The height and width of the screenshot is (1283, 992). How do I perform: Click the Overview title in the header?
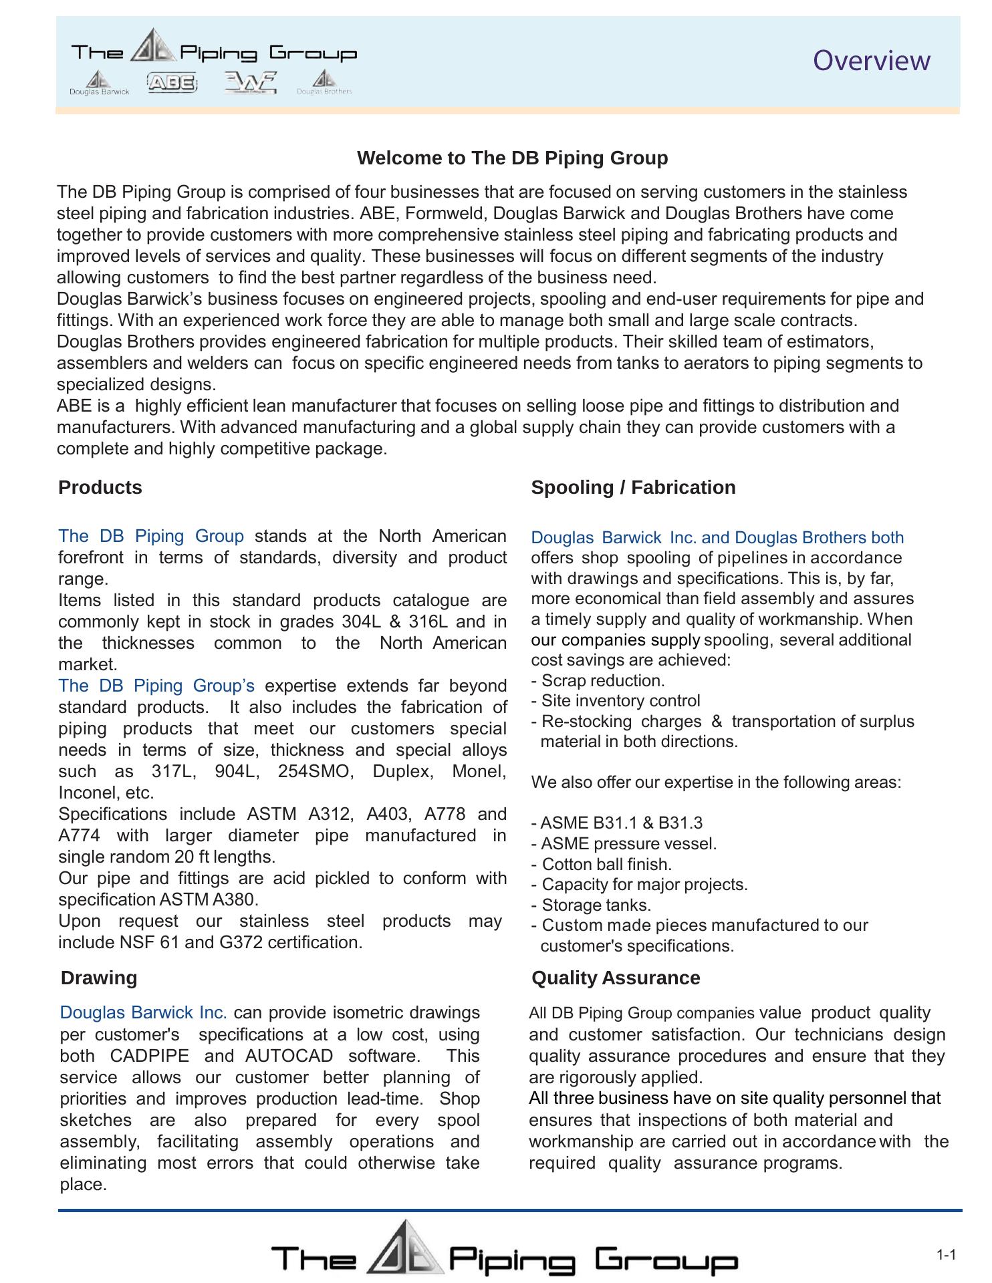(x=871, y=61)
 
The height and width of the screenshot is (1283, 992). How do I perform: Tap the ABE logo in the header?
(x=172, y=83)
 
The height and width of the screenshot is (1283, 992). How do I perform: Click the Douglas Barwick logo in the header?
(x=99, y=83)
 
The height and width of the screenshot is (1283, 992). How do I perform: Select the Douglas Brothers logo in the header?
(x=324, y=83)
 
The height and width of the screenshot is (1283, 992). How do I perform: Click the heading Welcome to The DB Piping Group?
(x=512, y=158)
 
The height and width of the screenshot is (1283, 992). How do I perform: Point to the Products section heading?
(x=100, y=488)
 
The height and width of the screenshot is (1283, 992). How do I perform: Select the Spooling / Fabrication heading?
(x=632, y=488)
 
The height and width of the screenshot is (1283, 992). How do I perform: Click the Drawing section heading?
(x=99, y=978)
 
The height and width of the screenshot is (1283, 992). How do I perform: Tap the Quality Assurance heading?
(x=615, y=978)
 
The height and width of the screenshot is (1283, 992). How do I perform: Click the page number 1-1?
(x=946, y=1255)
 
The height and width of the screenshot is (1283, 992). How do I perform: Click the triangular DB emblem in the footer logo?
(x=404, y=1248)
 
